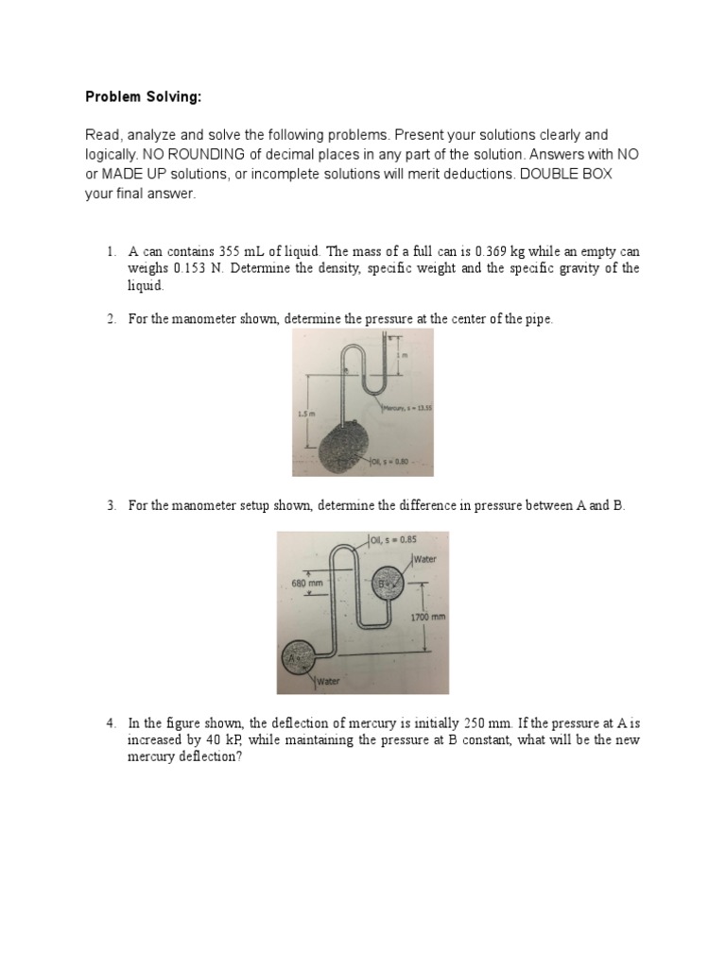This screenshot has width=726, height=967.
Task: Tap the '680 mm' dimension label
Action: pos(308,584)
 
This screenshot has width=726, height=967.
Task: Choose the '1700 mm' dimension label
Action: pos(427,617)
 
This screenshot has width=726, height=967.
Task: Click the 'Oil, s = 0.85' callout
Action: pos(393,539)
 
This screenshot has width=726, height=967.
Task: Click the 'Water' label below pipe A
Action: pos(328,681)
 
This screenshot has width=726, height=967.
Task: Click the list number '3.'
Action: pos(111,506)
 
